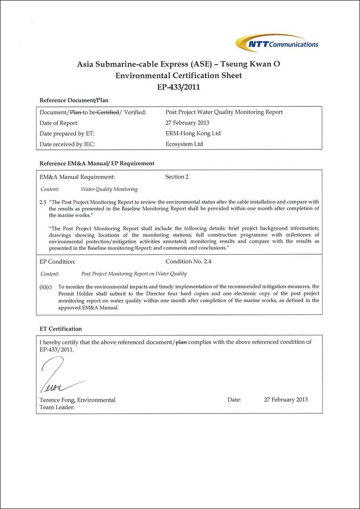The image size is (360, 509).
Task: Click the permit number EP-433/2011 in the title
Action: [x=179, y=86]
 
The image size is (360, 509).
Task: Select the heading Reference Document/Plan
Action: [x=74, y=100]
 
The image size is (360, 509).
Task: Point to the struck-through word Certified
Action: [x=109, y=112]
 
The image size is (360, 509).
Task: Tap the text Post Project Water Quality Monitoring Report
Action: [x=224, y=112]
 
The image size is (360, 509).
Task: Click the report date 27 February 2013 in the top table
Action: [x=187, y=123]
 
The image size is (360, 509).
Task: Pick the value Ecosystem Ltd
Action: [x=184, y=144]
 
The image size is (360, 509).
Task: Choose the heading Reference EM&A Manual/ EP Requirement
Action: [x=97, y=163]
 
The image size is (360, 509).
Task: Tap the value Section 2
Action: [x=177, y=177]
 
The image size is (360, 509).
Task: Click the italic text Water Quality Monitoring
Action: [x=109, y=189]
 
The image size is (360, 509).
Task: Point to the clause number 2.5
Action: [x=43, y=202]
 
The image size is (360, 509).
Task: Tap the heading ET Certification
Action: [x=61, y=329]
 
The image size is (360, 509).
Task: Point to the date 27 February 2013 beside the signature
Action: [x=285, y=400]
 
